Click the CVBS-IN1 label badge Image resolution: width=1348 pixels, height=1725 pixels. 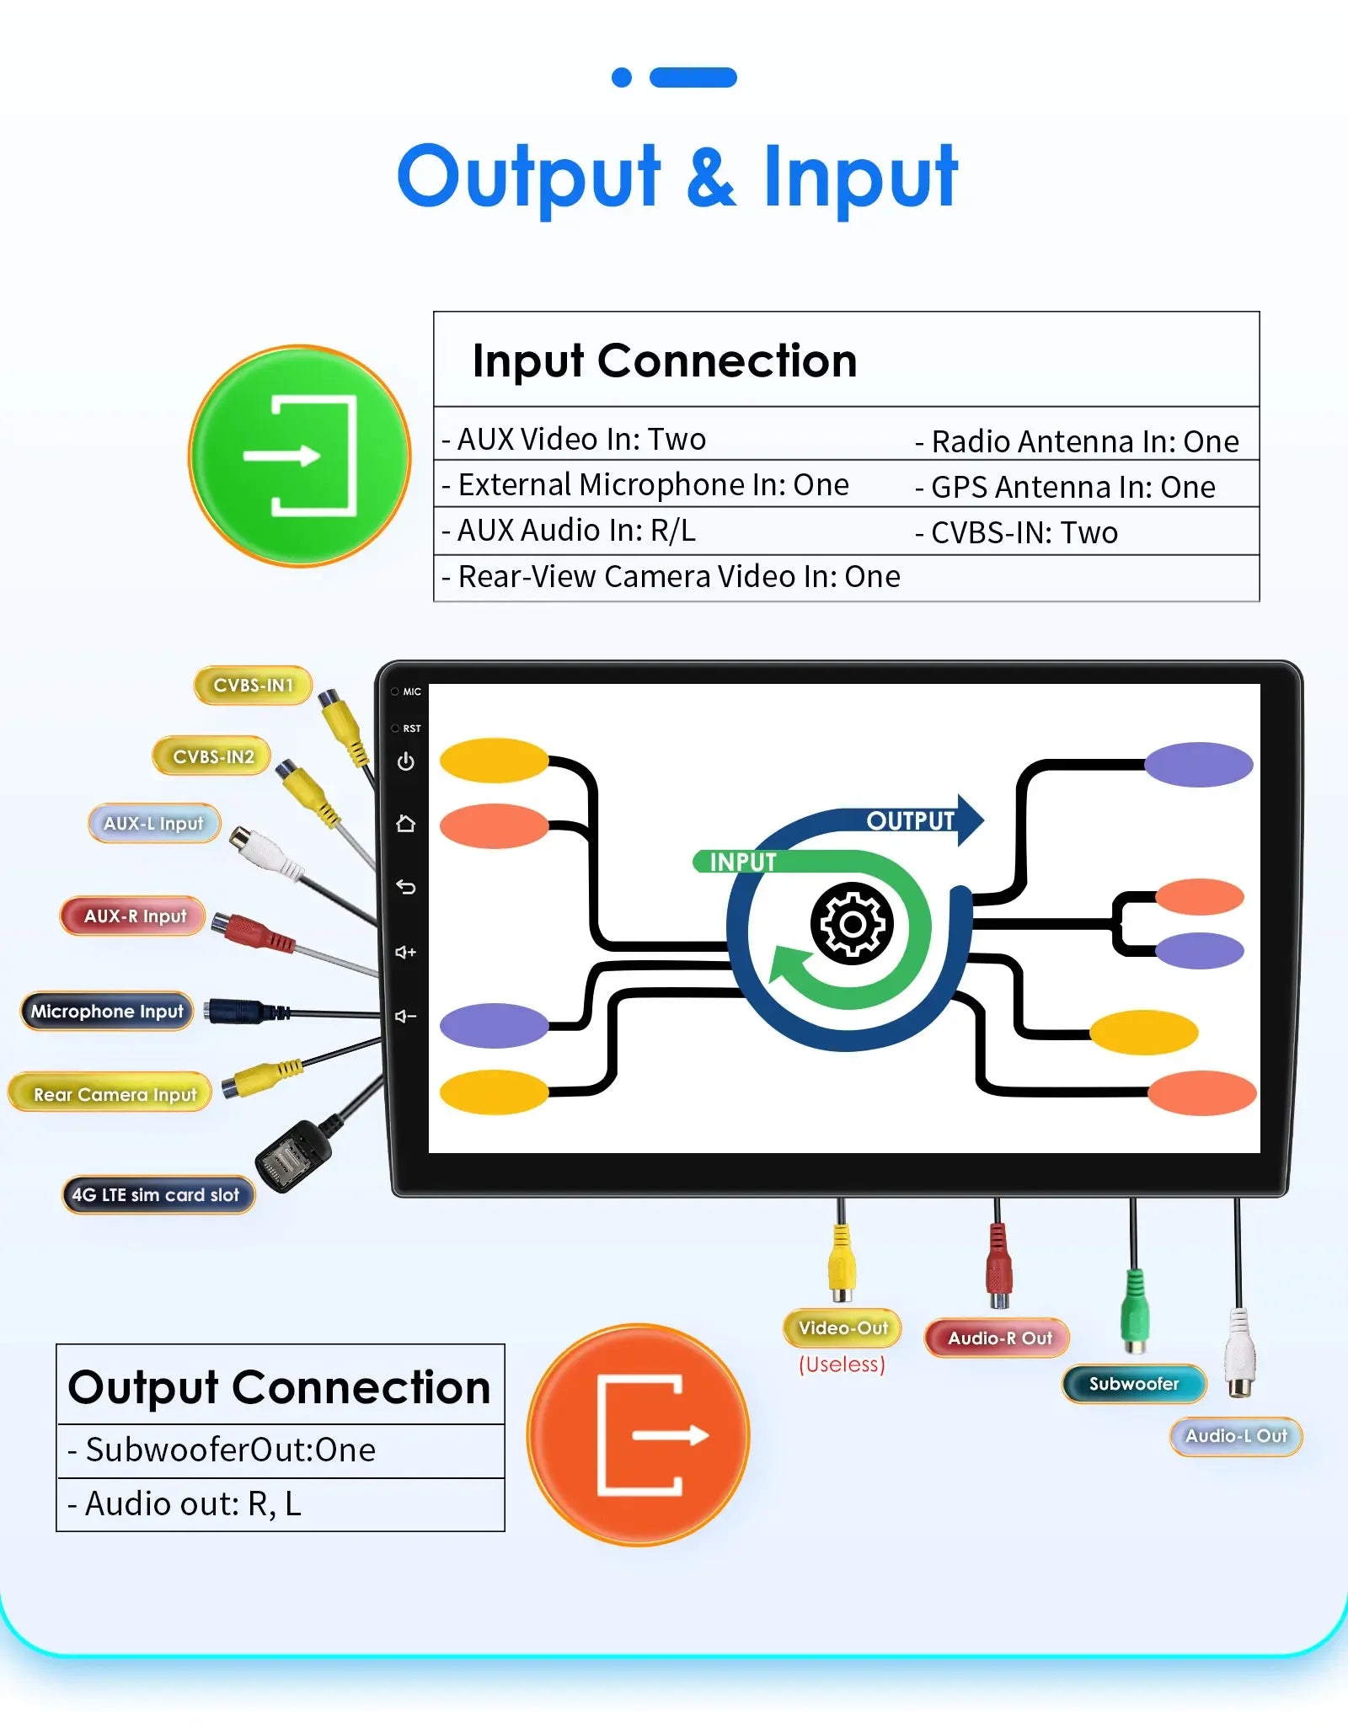pos(253,686)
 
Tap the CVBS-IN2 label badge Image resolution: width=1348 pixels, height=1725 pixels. pos(212,756)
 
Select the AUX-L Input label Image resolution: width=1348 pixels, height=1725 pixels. pos(153,824)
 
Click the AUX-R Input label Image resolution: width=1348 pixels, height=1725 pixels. pos(134,916)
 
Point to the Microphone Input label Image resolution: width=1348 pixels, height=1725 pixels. pos(107,1012)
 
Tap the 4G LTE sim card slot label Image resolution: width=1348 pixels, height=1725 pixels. pos(157,1195)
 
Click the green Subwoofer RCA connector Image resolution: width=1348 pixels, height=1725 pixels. pos(1135,1311)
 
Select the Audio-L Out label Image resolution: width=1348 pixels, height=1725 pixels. pos(1236,1436)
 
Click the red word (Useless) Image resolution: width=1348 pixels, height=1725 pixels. pos(842,1365)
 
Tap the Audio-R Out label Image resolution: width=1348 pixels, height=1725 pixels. pos(998,1338)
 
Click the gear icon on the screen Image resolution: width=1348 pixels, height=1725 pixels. pos(852,924)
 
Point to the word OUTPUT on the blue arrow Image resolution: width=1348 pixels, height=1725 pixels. pos(910,821)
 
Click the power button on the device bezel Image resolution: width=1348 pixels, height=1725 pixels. pos(406,761)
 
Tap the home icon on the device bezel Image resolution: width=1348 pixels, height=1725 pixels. pos(406,824)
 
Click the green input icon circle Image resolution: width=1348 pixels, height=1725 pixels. pos(300,456)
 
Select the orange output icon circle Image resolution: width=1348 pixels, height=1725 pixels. pos(639,1435)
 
